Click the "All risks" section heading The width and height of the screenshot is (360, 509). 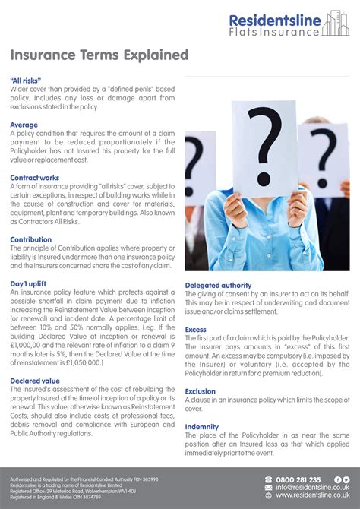26,80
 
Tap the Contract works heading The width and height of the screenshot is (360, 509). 35,178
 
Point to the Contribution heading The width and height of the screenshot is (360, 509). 31,239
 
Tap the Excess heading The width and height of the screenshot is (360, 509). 196,330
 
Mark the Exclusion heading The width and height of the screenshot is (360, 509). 201,391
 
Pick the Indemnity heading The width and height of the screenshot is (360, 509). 202,427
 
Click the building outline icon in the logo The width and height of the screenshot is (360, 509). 336,24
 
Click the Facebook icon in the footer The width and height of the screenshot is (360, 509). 338,479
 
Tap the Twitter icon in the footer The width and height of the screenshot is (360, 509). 346,479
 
